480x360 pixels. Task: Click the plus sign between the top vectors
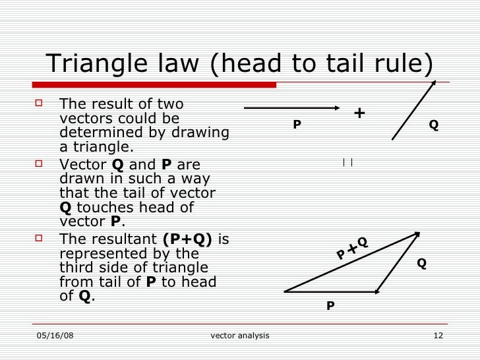click(x=359, y=113)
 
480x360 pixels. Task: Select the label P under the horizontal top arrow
click(x=297, y=124)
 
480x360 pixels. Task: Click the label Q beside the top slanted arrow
click(x=434, y=124)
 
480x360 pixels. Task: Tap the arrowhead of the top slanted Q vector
click(x=433, y=83)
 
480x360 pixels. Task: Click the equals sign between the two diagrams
click(x=348, y=162)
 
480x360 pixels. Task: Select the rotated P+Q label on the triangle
click(x=351, y=249)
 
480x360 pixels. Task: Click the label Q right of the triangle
click(x=421, y=264)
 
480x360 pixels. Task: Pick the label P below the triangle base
click(x=330, y=306)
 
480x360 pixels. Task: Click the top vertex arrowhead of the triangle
click(x=417, y=233)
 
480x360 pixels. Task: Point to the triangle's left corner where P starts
click(x=285, y=291)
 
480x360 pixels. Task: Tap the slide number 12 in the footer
click(x=438, y=336)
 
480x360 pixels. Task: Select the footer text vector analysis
click(x=240, y=336)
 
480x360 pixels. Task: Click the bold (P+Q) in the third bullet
click(x=187, y=239)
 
